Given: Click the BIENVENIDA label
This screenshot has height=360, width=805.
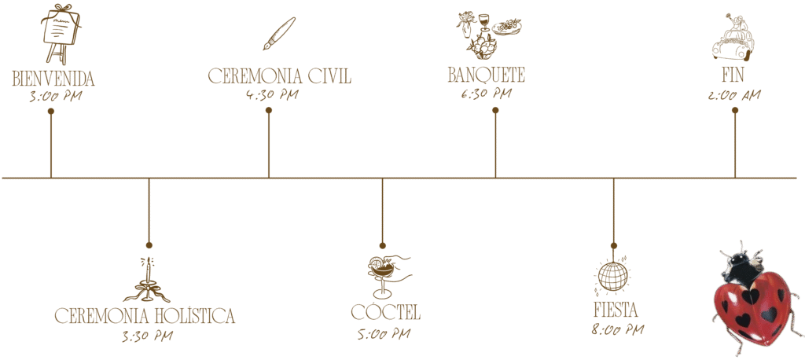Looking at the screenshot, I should click(53, 79).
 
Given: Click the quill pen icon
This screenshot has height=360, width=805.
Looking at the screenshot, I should click(278, 34).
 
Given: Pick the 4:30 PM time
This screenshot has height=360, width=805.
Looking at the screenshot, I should click(272, 96).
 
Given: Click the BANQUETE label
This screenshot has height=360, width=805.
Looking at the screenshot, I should click(486, 75).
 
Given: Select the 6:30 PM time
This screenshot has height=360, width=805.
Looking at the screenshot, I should click(486, 94).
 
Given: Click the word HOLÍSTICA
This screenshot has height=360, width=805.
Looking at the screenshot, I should click(192, 316).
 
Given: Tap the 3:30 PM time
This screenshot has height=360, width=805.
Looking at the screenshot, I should click(147, 336).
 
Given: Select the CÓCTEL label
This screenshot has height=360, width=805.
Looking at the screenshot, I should click(385, 312).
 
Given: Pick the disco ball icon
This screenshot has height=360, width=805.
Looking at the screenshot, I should click(613, 274).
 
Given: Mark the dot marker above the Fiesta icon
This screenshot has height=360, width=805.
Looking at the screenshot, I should click(614, 245).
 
